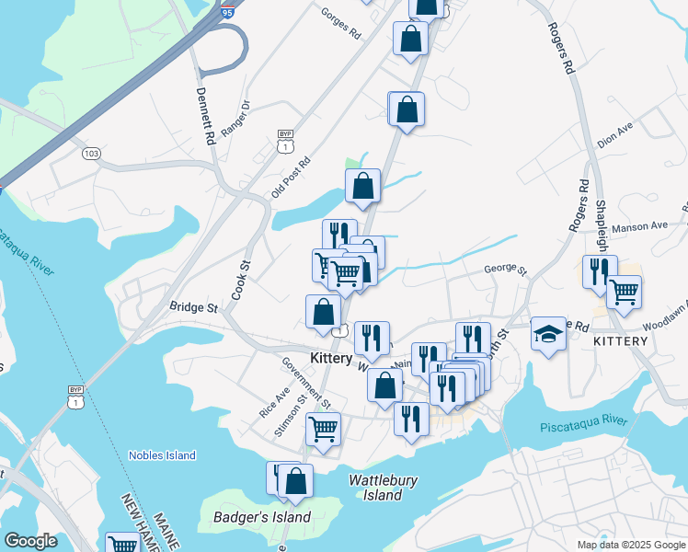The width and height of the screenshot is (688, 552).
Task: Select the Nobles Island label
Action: point(162,455)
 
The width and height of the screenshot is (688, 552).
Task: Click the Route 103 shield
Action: point(90,153)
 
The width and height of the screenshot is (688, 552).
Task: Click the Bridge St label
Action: point(193,306)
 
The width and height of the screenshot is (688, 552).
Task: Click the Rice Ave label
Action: point(274,402)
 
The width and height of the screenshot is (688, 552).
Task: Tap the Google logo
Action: point(30,541)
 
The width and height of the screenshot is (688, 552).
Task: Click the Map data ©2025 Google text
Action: point(630,545)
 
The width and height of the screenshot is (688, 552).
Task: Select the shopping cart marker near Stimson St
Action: point(323,428)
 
